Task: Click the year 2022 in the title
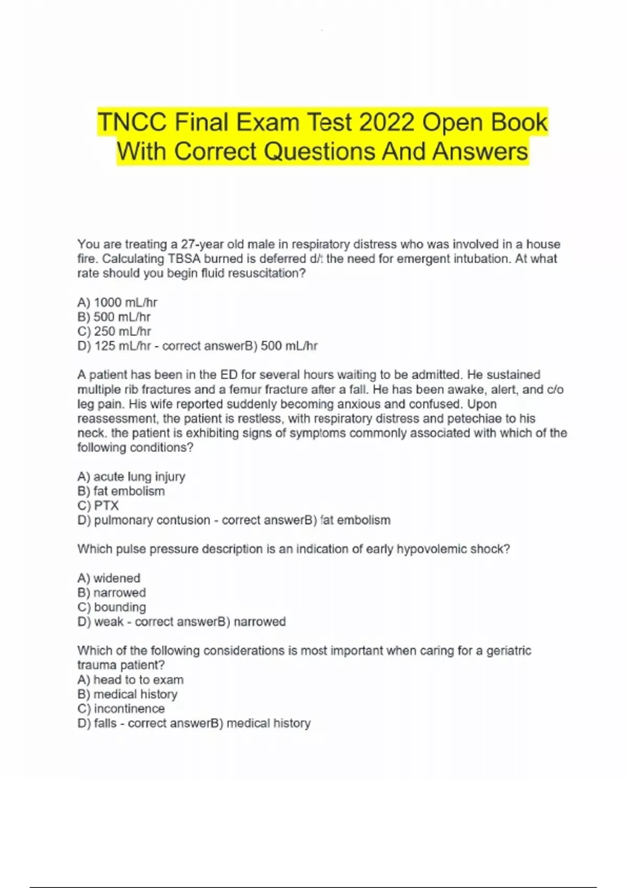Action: (387, 122)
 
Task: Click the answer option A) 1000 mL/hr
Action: (117, 302)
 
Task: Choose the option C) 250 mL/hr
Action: (114, 331)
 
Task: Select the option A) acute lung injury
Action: (131, 476)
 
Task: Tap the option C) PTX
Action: (98, 506)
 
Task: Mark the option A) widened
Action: (109, 578)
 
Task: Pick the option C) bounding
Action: (111, 607)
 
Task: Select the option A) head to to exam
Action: (130, 680)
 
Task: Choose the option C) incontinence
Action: (121, 709)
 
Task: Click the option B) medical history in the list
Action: (127, 694)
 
